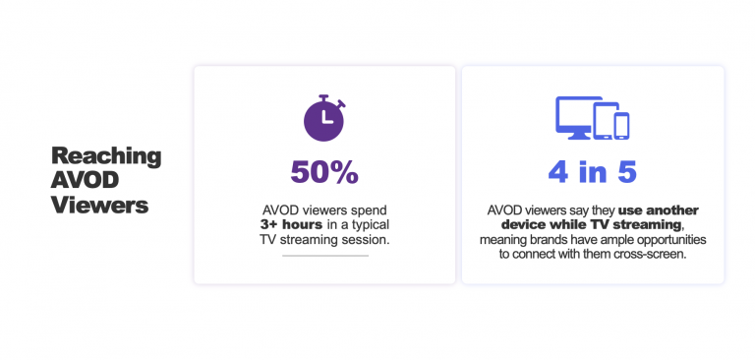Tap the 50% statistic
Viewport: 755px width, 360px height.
coord(324,171)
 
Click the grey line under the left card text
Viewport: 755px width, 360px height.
coord(324,256)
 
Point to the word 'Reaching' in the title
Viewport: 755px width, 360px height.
coord(106,156)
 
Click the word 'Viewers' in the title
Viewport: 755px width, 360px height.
coord(101,206)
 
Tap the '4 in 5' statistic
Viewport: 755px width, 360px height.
coord(593,171)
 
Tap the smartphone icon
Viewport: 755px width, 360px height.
coord(621,125)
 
